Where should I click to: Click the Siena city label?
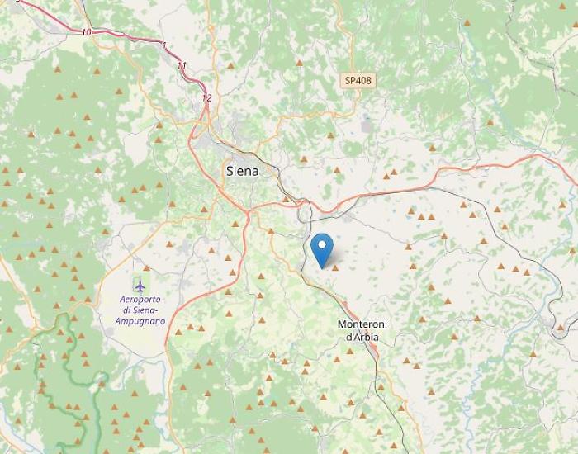[241, 172]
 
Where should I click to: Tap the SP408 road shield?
[358, 80]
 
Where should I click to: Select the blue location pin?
[322, 248]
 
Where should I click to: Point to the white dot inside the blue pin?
[322, 244]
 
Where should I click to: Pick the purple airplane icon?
[140, 285]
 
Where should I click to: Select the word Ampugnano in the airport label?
[140, 320]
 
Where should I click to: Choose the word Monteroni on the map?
[360, 325]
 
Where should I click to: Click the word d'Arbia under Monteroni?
[361, 336]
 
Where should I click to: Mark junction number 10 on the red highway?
[87, 32]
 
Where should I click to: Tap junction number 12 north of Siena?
[206, 97]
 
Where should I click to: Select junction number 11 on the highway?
[182, 65]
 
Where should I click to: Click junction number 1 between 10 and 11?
[164, 45]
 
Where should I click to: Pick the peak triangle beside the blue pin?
[336, 266]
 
